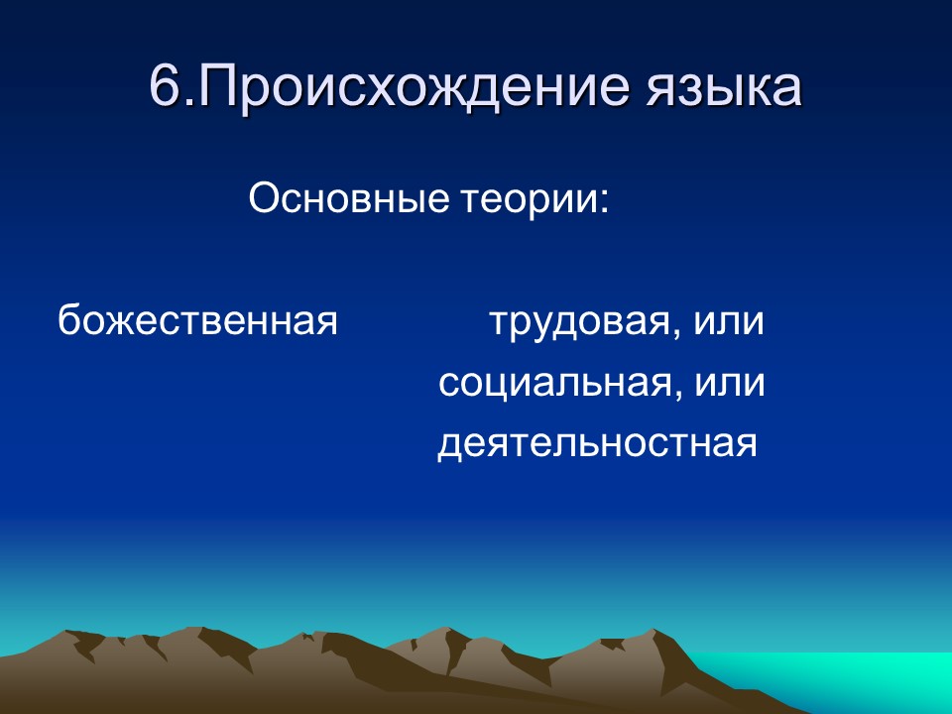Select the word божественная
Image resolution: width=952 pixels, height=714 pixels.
[197, 322]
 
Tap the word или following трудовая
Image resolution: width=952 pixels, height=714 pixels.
[729, 324]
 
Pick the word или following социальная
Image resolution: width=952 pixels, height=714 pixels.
[729, 384]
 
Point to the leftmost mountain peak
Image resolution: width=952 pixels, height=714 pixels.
[71, 634]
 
